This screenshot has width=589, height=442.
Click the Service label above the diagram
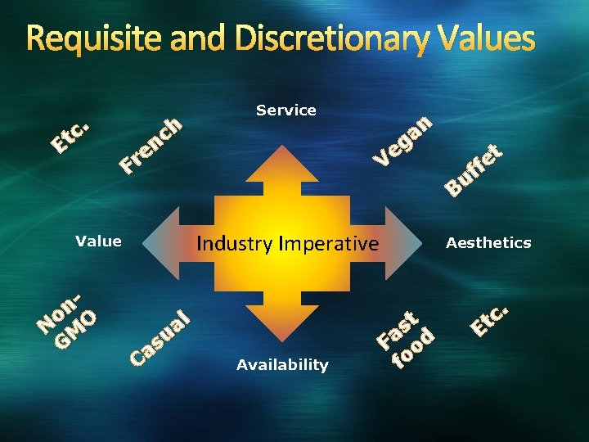coord(286,110)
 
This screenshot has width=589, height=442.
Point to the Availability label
coord(282,365)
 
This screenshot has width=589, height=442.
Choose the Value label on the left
coord(98,241)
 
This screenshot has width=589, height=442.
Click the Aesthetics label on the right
coord(488,242)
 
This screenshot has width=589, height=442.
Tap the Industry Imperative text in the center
coord(288,243)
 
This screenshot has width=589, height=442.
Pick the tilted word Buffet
coord(474,169)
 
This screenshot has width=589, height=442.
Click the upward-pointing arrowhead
coord(286,163)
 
